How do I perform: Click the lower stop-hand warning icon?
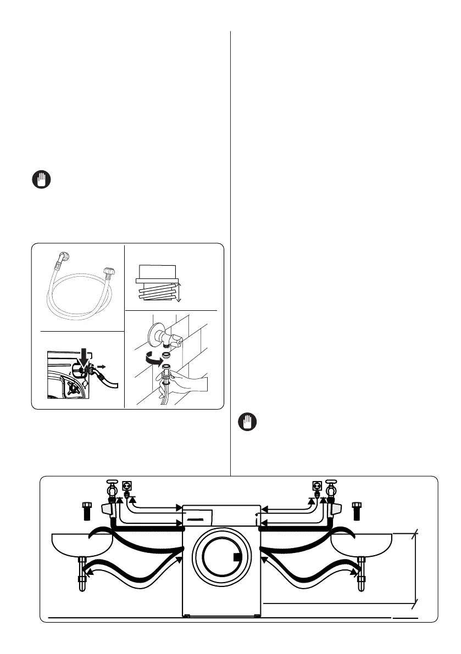tap(249, 422)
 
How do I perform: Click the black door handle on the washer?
tap(237, 557)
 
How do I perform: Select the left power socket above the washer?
tap(127, 486)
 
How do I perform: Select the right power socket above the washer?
tap(316, 486)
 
